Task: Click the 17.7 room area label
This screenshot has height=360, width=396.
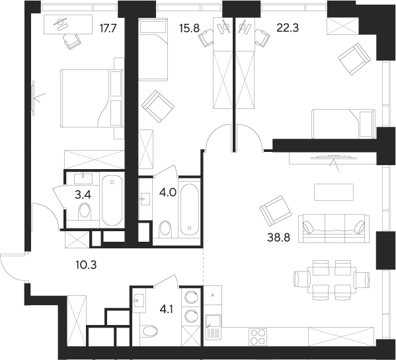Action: click(108, 28)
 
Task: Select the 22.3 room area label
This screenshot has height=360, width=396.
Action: click(288, 28)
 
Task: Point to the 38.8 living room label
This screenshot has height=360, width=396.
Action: click(278, 237)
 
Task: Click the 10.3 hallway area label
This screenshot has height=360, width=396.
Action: click(86, 265)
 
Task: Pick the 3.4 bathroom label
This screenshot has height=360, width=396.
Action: click(83, 195)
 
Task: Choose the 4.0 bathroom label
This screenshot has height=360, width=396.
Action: click(167, 193)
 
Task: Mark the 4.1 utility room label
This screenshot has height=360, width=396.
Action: click(166, 309)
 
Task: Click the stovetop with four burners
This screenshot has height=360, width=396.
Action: click(258, 338)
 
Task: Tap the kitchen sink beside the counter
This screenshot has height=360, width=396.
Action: click(213, 327)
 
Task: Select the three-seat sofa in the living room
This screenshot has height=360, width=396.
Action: click(334, 229)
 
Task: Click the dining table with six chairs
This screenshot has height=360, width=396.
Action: click(332, 280)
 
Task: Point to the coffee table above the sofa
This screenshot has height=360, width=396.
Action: click(334, 192)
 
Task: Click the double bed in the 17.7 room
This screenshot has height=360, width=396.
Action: click(91, 98)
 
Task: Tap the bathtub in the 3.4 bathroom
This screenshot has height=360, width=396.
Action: click(112, 200)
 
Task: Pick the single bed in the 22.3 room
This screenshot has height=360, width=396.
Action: click(342, 124)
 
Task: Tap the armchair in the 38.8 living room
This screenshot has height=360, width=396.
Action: click(276, 211)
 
